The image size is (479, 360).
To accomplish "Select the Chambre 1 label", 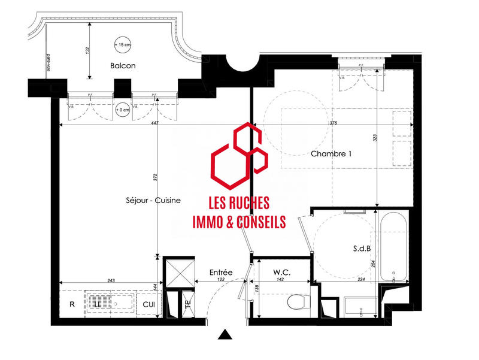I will click(331, 154).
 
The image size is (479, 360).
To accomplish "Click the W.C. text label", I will click(281, 273).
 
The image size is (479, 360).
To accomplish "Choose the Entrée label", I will click(220, 272).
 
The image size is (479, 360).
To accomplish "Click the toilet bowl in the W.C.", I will click(296, 301).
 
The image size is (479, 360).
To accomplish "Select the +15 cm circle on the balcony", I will click(122, 45).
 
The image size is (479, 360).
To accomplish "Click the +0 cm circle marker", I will click(123, 110).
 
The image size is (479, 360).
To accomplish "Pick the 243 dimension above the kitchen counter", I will click(111, 280).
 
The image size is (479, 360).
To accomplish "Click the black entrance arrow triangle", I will click(225, 334).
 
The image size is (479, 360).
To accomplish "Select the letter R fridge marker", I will click(72, 304).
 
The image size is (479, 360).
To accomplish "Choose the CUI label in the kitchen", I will click(149, 304).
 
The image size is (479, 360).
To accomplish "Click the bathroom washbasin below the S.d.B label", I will click(361, 306).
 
